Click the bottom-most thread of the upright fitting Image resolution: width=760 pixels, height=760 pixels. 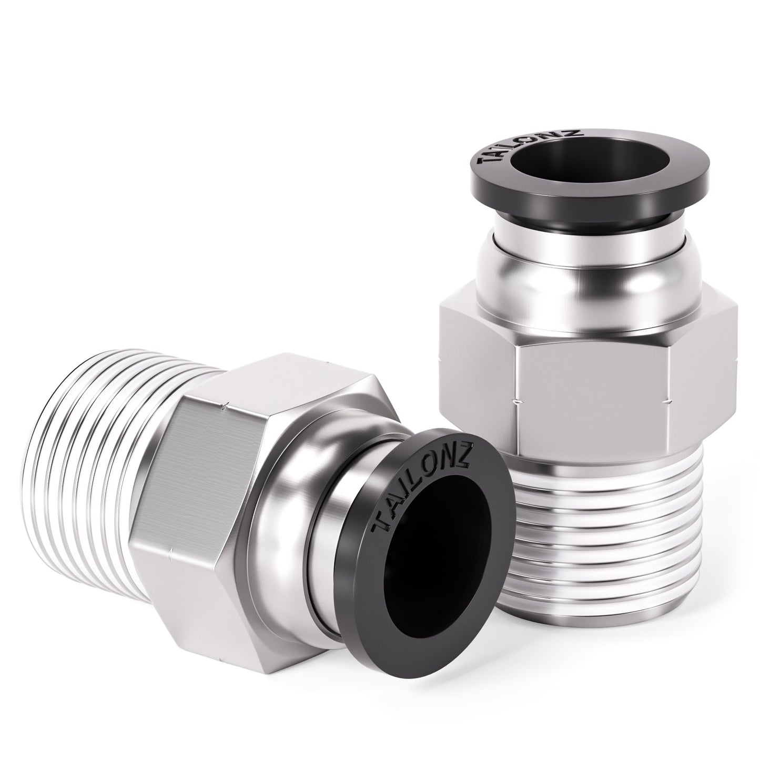[x=584, y=621]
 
